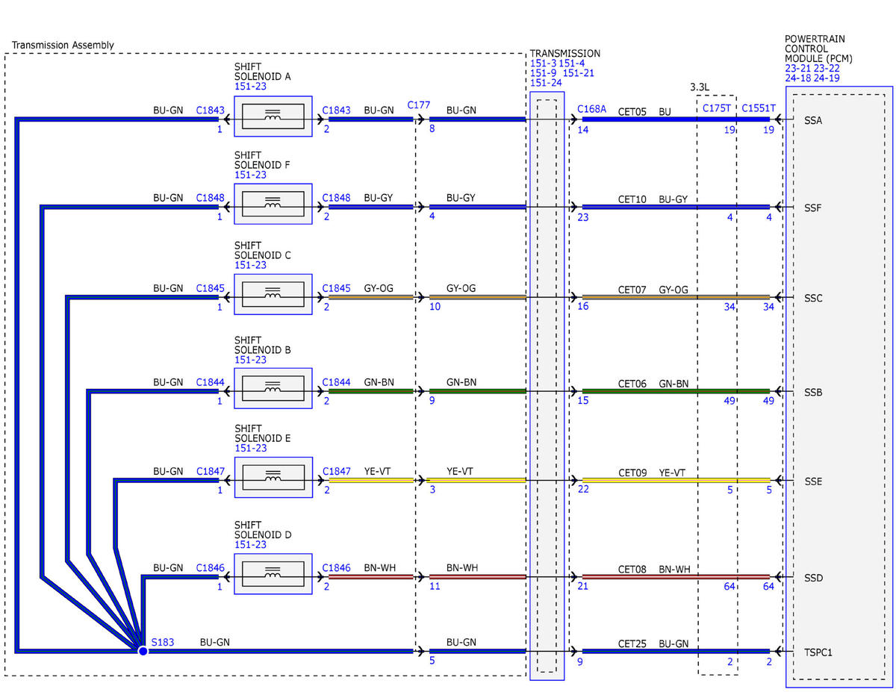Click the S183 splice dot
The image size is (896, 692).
click(143, 651)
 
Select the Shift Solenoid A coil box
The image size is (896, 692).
click(273, 116)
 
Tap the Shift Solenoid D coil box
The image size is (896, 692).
click(273, 574)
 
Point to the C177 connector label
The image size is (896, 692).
click(419, 105)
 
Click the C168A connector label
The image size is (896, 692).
click(591, 109)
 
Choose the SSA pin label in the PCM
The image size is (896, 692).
click(813, 120)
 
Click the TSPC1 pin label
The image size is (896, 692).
click(818, 652)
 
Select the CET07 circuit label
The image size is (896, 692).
click(632, 290)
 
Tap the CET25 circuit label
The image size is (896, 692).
click(632, 643)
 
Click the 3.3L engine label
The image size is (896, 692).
click(700, 87)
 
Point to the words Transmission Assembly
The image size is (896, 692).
click(63, 45)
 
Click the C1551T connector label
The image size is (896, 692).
click(759, 108)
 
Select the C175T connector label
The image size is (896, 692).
click(717, 108)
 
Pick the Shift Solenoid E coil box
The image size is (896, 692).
click(273, 477)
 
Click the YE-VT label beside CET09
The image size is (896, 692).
click(672, 473)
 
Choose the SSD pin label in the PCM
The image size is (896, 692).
click(814, 578)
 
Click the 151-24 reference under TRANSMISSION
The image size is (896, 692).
click(546, 83)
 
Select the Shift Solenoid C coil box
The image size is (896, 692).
click(273, 294)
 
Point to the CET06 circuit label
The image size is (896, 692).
click(632, 384)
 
